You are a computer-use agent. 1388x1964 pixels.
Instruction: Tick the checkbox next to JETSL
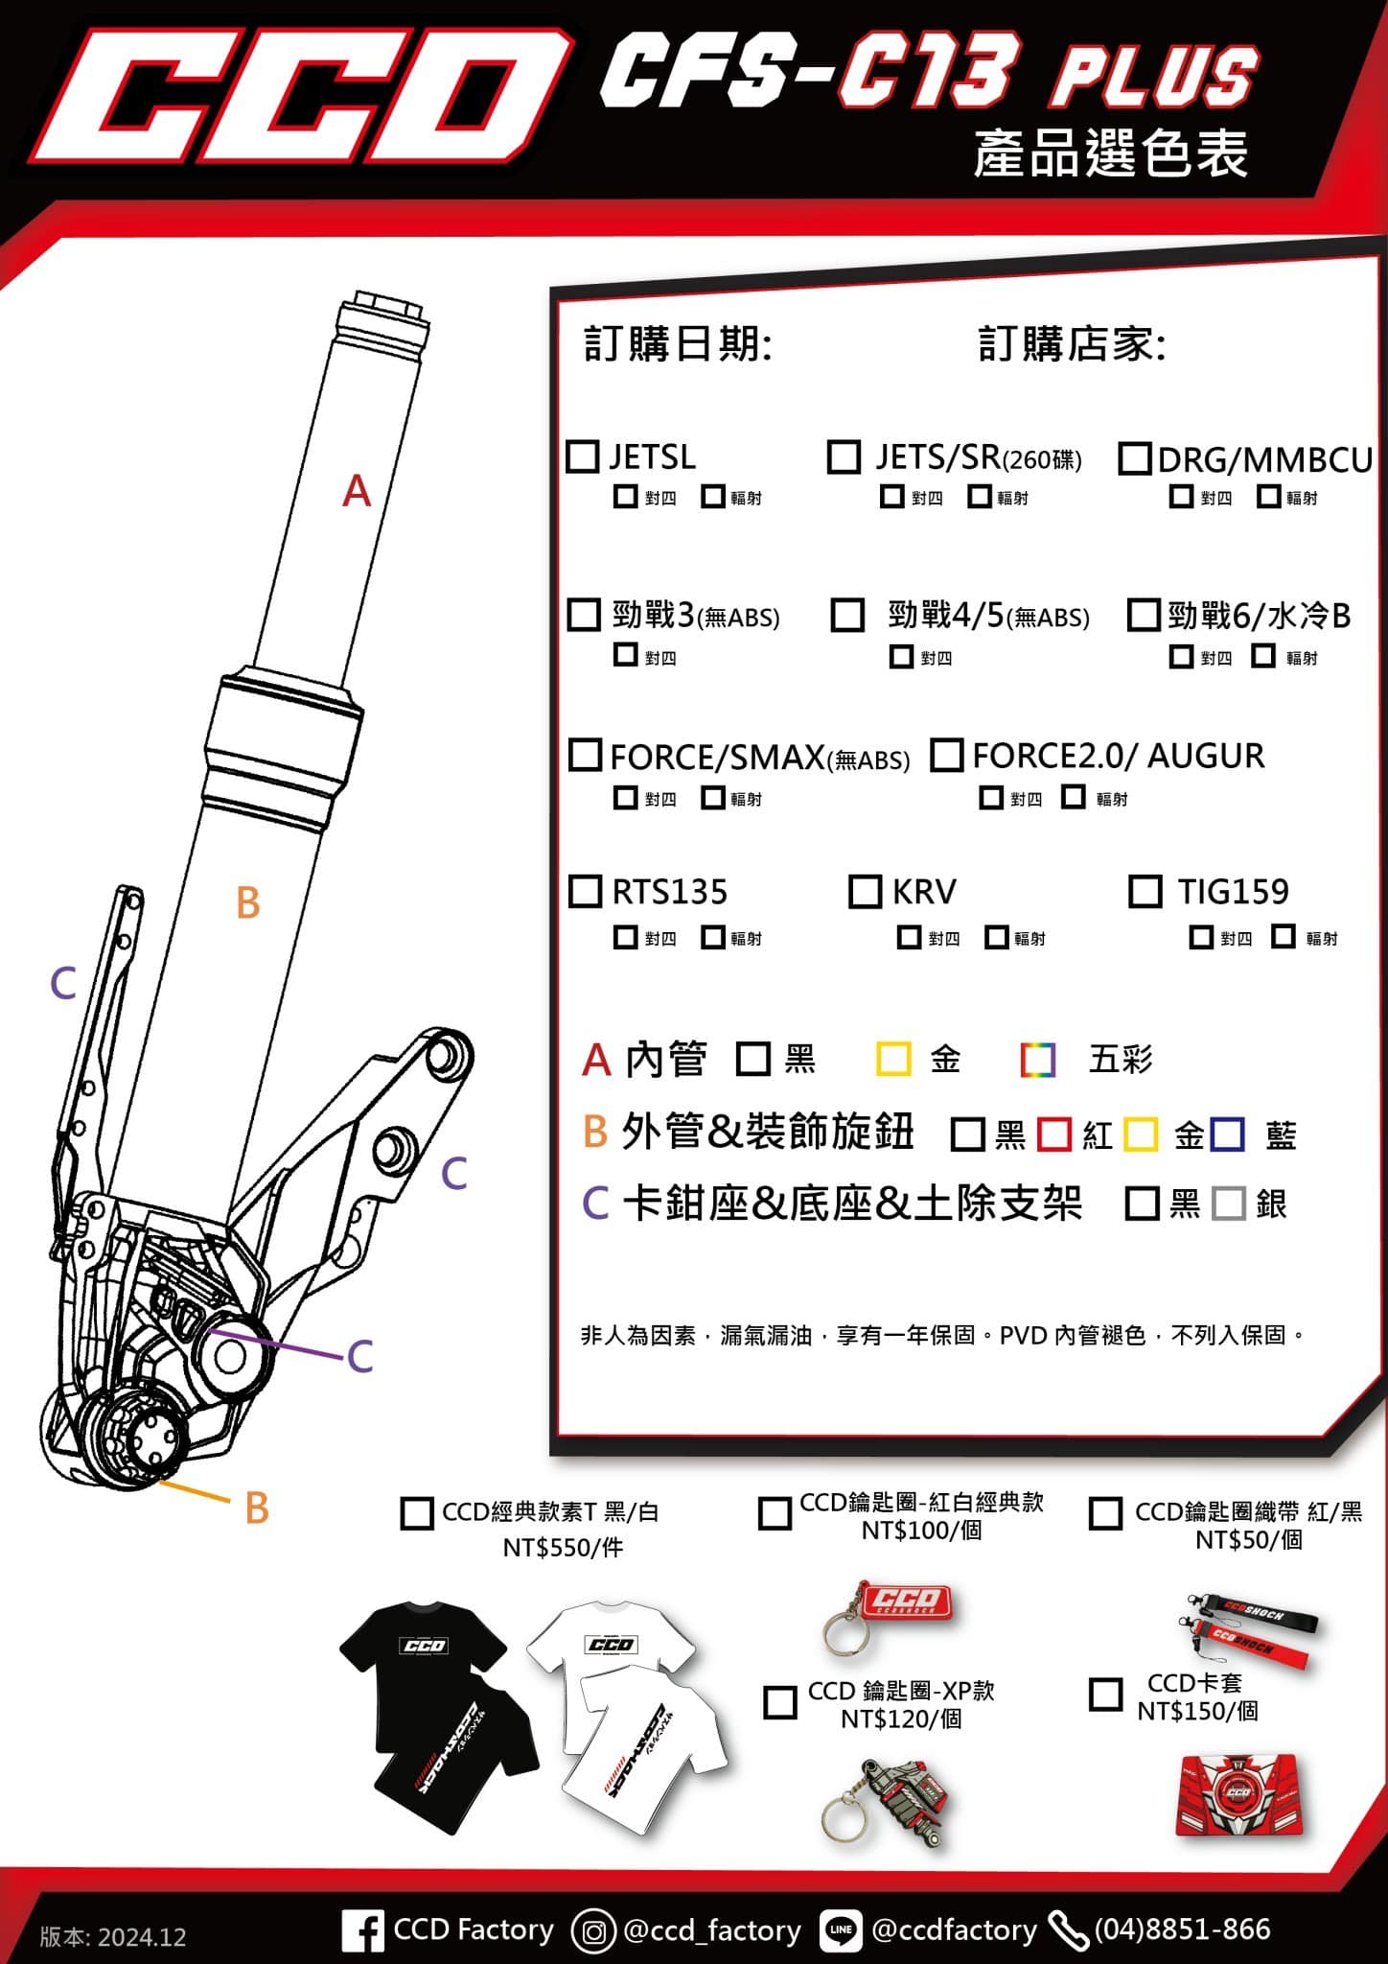[x=583, y=456]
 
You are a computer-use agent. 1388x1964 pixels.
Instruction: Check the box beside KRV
[x=865, y=891]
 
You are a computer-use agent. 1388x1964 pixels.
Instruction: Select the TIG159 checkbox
[x=1145, y=891]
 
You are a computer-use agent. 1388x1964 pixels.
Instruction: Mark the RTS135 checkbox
[x=585, y=891]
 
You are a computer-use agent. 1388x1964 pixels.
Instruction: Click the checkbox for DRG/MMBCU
[x=1134, y=458]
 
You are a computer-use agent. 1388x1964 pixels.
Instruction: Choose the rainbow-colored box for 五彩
[x=1038, y=1060]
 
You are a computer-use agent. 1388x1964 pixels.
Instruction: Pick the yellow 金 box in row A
[x=893, y=1060]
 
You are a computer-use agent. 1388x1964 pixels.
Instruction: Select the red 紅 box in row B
[x=1054, y=1134]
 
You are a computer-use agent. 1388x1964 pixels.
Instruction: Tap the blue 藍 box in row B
[x=1228, y=1134]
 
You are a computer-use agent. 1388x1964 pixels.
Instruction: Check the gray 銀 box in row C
[x=1228, y=1204]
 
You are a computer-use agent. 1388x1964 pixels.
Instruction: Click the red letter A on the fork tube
[x=357, y=491]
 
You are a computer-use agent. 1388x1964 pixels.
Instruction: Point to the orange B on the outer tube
[x=248, y=903]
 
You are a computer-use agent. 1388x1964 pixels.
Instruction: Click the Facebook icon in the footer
[x=362, y=1930]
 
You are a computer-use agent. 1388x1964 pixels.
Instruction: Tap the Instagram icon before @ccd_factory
[x=593, y=1930]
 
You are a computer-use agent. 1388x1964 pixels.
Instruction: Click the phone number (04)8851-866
[x=1182, y=1929]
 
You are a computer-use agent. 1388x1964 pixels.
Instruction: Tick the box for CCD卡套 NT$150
[x=1105, y=1695]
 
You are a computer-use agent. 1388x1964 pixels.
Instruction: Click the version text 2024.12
[x=113, y=1936]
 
